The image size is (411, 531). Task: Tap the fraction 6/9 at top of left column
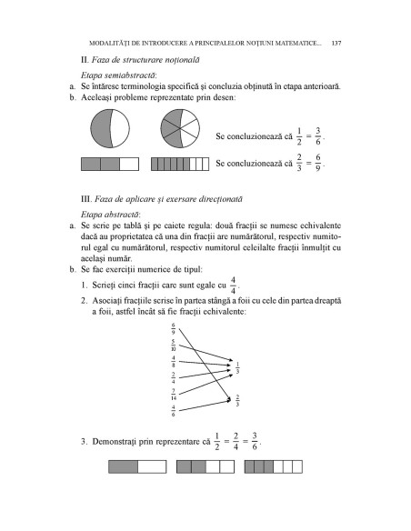174,328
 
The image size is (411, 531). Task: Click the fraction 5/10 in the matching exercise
174,346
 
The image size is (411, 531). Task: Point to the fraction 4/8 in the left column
174,362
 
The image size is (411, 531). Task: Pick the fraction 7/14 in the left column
174,395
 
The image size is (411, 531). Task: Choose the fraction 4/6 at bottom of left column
174,411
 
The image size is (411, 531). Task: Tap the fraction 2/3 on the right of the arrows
237,400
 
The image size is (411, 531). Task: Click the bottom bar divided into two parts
137,466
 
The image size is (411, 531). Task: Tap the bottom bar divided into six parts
272,466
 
